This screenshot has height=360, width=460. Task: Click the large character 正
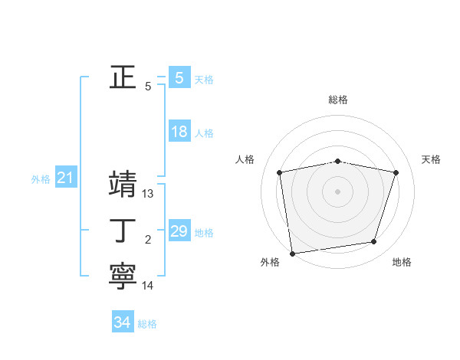coord(123,77)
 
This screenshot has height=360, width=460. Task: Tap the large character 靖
coord(123,185)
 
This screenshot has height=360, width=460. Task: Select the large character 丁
coord(123,231)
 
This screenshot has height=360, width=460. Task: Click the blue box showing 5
coord(179,77)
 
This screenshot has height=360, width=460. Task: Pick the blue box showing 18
coord(179,132)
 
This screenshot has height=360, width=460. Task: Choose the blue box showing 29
coord(179,231)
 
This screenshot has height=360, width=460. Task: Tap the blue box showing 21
coord(65,178)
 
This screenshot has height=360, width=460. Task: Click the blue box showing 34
coord(122,322)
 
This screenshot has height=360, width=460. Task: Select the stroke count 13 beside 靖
coord(148,194)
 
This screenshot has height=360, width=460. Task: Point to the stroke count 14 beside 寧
coord(148,286)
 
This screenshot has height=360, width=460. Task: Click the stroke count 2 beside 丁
coord(148,240)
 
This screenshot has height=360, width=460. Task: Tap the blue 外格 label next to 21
coord(41,179)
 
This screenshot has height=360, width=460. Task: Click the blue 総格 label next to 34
coord(147,324)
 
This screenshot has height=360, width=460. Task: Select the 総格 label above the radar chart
coord(337,100)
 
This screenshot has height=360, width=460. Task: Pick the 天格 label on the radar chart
coord(432,159)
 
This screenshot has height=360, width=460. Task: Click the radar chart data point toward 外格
coord(292,253)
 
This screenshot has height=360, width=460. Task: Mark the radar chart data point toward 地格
coord(374,242)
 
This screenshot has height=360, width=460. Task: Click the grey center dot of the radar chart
coord(337,191)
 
